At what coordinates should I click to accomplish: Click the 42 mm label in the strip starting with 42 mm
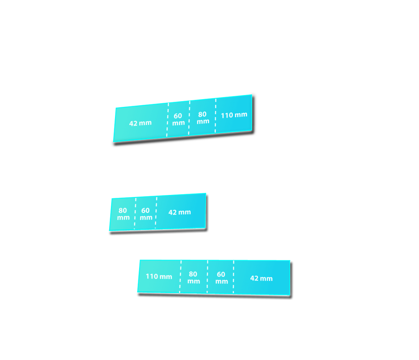coord(140,123)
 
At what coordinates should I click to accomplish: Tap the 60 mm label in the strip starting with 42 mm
coord(178,119)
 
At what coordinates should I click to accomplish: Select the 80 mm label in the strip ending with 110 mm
coord(203,118)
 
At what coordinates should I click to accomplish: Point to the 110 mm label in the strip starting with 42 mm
coord(234,115)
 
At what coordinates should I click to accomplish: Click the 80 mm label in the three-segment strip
coord(123,214)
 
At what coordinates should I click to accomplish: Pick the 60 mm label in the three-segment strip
coord(146,214)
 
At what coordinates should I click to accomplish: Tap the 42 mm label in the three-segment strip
coord(180,213)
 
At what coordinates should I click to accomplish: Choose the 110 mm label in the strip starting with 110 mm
coord(159,276)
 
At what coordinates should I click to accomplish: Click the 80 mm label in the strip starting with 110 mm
coord(194,278)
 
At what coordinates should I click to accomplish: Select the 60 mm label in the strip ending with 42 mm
coord(221,278)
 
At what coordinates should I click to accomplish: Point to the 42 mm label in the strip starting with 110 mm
coord(261,278)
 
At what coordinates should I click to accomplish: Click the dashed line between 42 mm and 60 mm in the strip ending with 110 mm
coord(167,120)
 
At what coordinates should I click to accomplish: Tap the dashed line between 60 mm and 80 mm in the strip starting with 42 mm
coord(189,118)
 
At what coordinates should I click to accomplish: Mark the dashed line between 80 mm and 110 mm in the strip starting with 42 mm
coord(215,115)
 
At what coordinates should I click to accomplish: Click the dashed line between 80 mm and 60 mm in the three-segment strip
coord(135,213)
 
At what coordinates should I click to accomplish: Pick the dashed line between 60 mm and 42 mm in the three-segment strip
coord(156,213)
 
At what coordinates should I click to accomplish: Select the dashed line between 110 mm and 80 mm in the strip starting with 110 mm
coord(180,276)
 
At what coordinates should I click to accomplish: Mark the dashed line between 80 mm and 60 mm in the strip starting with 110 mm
coord(207,277)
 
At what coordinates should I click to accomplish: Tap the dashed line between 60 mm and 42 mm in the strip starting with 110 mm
coord(234,277)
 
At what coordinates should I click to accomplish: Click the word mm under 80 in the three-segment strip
coord(123,218)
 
